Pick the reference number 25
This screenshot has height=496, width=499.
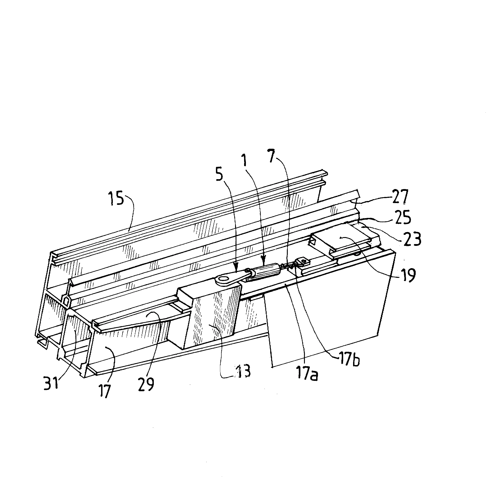tap(402, 218)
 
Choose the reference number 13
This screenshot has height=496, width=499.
tap(243, 371)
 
